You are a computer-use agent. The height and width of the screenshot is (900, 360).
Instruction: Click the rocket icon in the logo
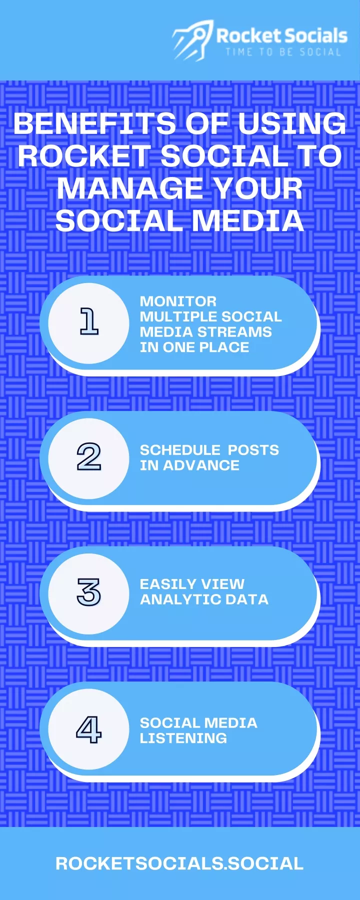(x=193, y=40)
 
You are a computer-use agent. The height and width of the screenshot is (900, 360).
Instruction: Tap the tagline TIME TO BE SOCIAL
(x=283, y=52)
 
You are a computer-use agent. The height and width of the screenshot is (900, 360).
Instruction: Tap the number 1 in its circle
(x=89, y=321)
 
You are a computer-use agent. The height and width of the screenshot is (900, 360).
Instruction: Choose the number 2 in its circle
(x=89, y=456)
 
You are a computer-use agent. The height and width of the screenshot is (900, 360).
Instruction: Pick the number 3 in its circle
(x=89, y=592)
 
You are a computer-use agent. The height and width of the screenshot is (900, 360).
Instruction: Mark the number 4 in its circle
(x=89, y=729)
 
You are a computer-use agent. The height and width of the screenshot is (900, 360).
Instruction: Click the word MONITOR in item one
(x=178, y=301)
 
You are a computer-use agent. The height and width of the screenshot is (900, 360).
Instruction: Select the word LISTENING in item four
(x=183, y=738)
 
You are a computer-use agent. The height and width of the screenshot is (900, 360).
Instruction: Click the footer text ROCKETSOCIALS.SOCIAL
(x=179, y=863)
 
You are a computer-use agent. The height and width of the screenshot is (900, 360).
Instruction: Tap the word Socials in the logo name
(x=316, y=35)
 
